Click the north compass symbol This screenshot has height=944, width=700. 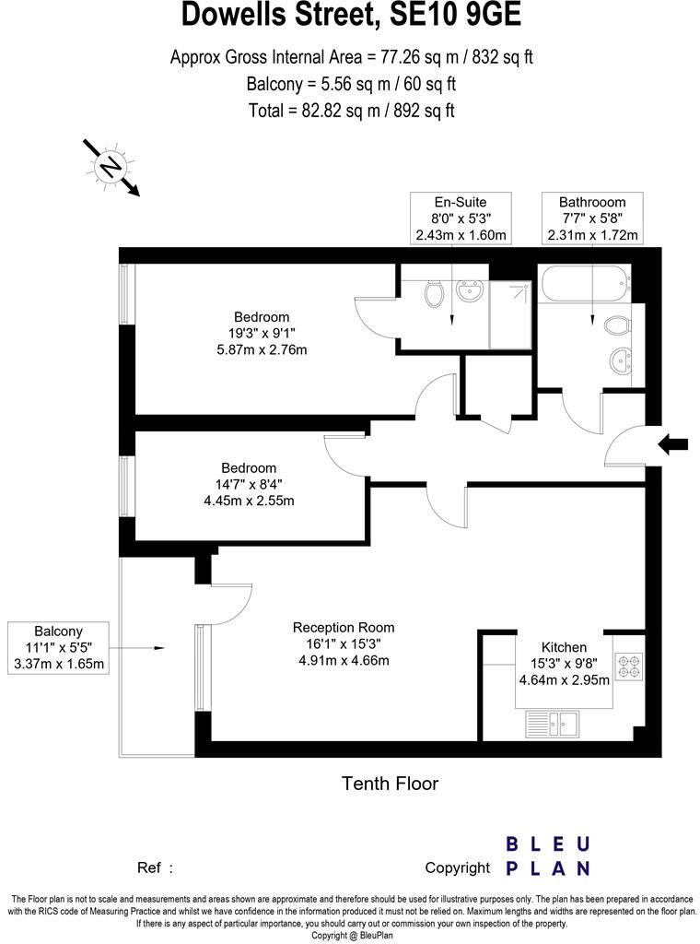pos(111,167)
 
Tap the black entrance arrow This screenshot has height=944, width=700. pos(674,444)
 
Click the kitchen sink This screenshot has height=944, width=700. pos(552,725)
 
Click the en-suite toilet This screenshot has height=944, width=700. pos(435,294)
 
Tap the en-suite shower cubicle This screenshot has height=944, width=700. pos(511,313)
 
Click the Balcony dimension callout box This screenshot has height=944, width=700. pos(58,647)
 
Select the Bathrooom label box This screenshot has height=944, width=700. pos(592,218)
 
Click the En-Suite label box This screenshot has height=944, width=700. pos(461,218)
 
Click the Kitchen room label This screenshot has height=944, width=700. pos(565,647)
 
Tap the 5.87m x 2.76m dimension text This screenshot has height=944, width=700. pos(260,349)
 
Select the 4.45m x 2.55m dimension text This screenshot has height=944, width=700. pos(249,501)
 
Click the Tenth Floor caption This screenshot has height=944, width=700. pos(390,784)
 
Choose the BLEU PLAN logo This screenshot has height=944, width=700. pos(547,855)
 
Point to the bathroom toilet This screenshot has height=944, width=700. pos(616,324)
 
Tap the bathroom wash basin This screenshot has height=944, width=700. pos(620,360)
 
